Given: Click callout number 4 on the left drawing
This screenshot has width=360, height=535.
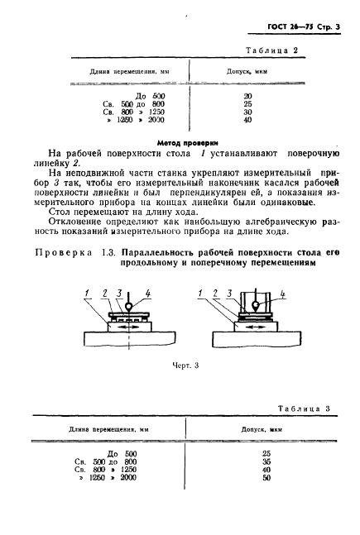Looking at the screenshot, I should pyautogui.click(x=150, y=292).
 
